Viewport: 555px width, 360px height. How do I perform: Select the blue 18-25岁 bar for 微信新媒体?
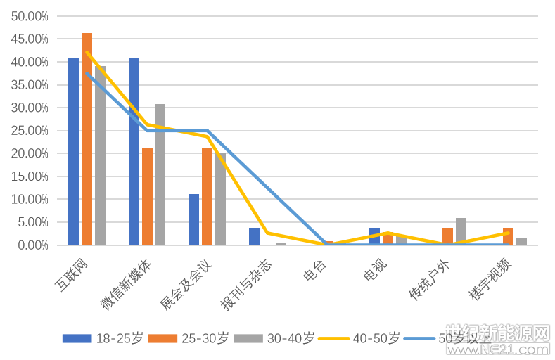(134, 151)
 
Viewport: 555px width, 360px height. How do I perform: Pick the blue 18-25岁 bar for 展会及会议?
(193, 219)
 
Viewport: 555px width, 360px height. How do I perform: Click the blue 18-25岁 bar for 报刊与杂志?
(254, 236)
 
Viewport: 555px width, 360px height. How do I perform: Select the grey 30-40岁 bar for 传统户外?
(461, 231)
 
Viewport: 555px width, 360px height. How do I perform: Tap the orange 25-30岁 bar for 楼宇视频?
(508, 236)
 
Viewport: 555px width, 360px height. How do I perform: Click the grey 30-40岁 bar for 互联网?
(100, 155)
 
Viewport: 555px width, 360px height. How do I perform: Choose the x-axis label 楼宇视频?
(490, 278)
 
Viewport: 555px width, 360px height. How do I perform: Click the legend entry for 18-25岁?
(102, 338)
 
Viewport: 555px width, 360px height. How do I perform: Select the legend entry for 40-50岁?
(359, 338)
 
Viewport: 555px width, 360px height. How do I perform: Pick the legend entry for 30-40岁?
(274, 338)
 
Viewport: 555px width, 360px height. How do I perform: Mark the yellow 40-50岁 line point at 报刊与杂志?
(267, 233)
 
